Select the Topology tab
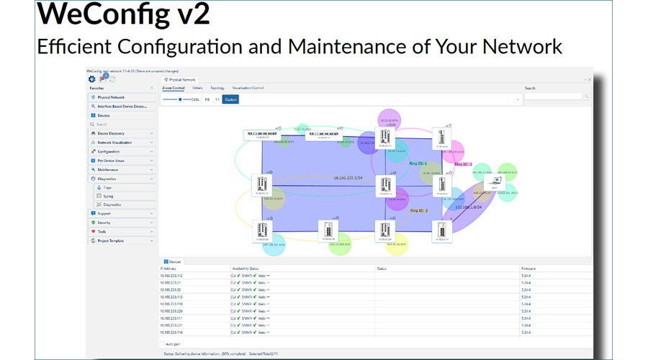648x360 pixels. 217,88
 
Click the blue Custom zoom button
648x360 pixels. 230,99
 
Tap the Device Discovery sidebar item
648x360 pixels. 111,133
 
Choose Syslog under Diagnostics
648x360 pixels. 108,196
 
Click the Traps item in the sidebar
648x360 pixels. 107,187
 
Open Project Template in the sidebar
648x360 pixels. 111,240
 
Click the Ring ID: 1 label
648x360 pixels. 418,164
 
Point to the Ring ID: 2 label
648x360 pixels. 419,210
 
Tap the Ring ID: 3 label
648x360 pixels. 463,164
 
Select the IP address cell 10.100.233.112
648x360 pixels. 171,275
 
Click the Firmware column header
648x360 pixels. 528,268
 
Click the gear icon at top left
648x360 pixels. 91,78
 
